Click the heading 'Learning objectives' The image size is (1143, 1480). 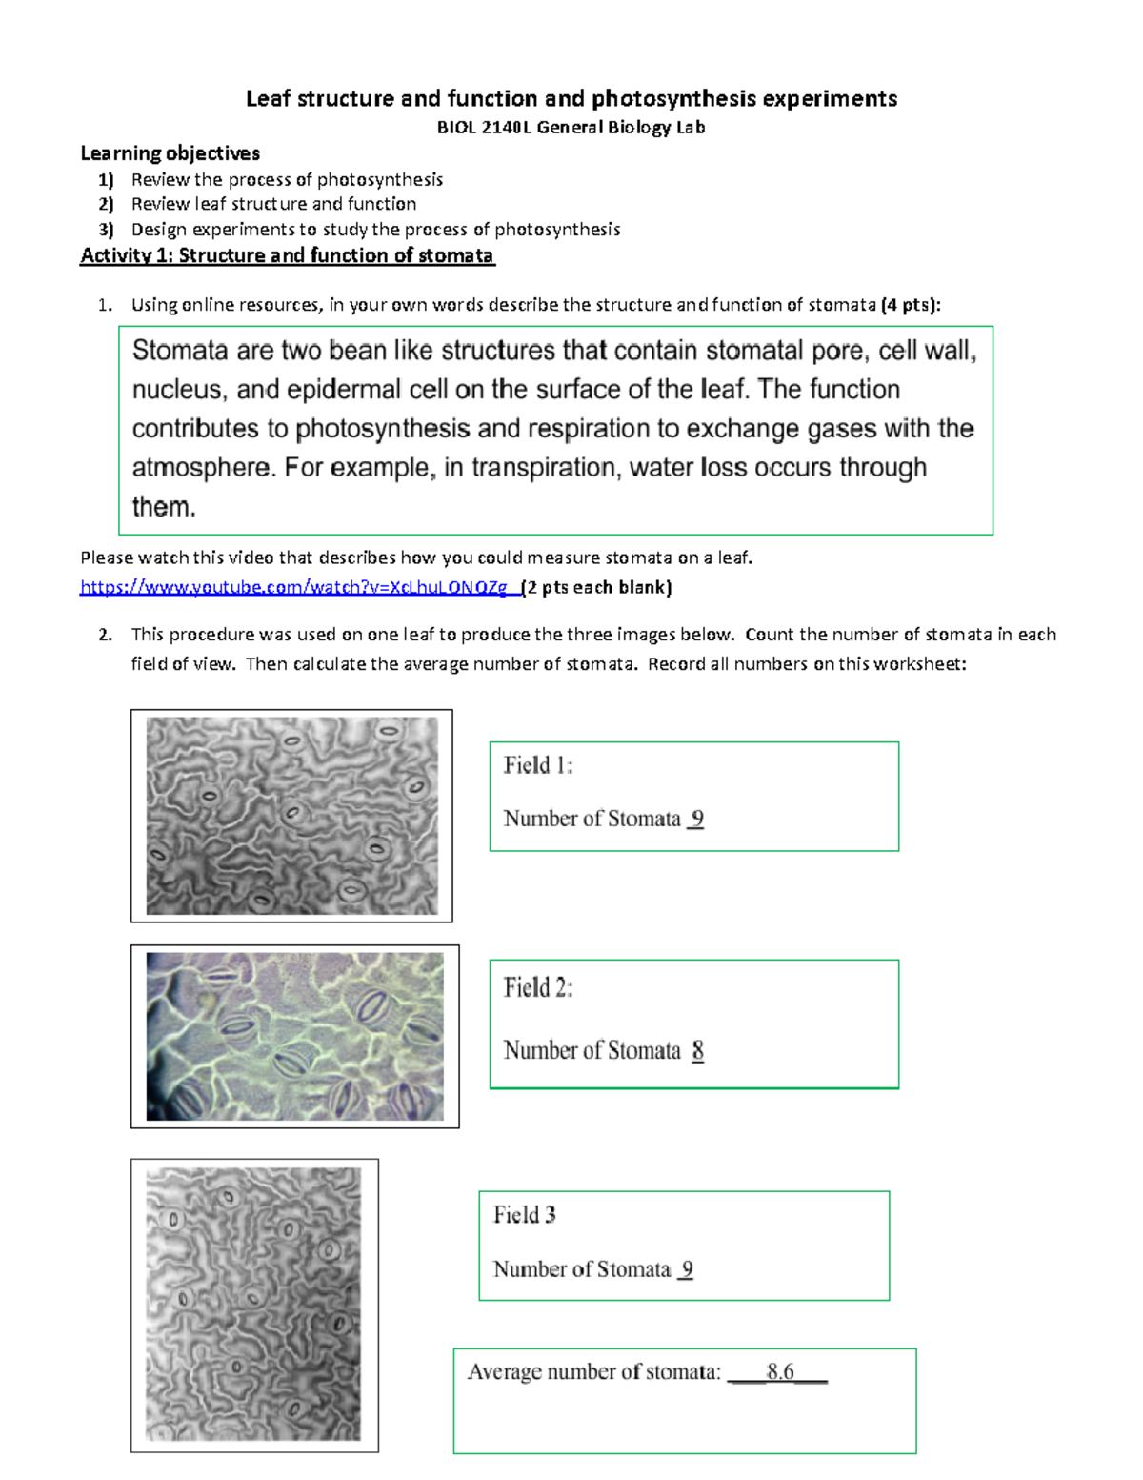tap(170, 153)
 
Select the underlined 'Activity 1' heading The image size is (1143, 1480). tap(287, 255)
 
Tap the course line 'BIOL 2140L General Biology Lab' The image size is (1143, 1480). tap(571, 128)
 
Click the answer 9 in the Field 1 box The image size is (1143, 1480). tap(696, 819)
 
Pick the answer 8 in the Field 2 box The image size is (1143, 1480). tap(698, 1050)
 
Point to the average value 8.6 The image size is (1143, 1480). tap(780, 1371)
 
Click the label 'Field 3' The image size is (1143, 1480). tap(524, 1215)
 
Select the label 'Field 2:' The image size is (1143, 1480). tap(538, 987)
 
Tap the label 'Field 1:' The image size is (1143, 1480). tap(538, 765)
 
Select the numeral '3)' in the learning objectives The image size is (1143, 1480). tap(106, 230)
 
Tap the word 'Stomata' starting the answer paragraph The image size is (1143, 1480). tap(180, 351)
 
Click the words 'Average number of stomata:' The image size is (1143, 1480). tap(593, 1372)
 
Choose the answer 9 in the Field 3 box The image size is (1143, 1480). tap(687, 1269)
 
